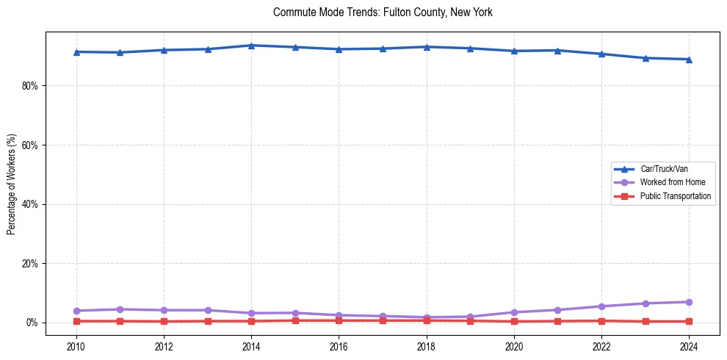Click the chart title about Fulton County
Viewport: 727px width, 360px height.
pyautogui.click(x=383, y=12)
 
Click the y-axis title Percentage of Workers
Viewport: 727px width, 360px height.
pyautogui.click(x=11, y=184)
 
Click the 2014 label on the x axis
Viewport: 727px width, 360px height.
pyautogui.click(x=251, y=346)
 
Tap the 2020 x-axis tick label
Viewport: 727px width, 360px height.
pyautogui.click(x=514, y=346)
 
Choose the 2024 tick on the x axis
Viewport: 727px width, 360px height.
pyautogui.click(x=689, y=346)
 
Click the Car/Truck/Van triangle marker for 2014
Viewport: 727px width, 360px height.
pyautogui.click(x=251, y=46)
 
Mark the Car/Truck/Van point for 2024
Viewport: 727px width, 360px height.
pyautogui.click(x=689, y=60)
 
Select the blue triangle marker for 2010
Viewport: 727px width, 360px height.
pyautogui.click(x=76, y=52)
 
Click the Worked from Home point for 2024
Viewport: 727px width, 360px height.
pyautogui.click(x=689, y=302)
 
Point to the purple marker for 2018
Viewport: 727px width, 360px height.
pyautogui.click(x=427, y=317)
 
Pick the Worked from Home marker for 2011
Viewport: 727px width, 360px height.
pyautogui.click(x=120, y=309)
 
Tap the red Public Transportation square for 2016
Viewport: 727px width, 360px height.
pyautogui.click(x=339, y=320)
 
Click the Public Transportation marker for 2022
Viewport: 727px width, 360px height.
pyautogui.click(x=601, y=320)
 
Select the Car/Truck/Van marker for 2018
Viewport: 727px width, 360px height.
pyautogui.click(x=427, y=47)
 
